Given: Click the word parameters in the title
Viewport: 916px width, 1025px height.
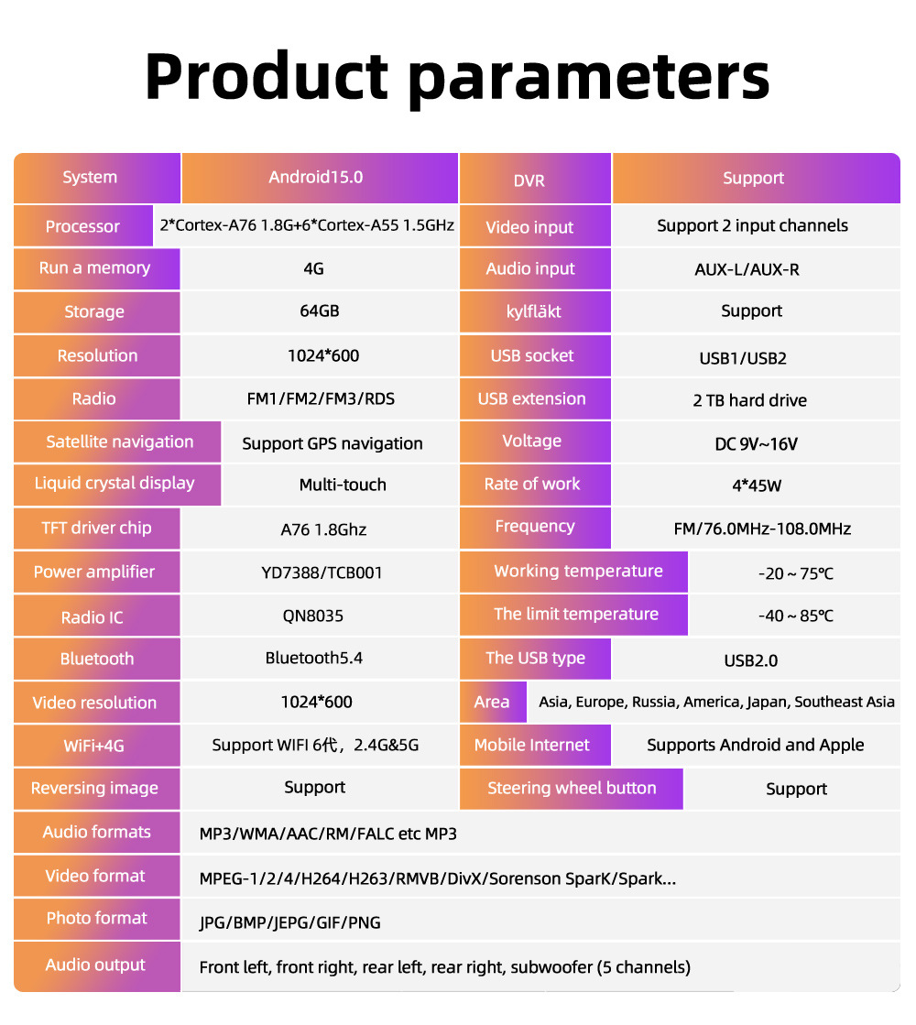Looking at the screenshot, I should coord(589,77).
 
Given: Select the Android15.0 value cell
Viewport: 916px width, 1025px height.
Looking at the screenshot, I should coord(316,177).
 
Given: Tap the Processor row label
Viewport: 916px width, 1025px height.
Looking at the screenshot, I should coord(82,226).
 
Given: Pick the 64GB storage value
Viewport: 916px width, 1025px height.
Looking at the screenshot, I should coord(319,311).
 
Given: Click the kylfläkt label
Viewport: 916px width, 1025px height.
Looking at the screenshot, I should coord(533,311).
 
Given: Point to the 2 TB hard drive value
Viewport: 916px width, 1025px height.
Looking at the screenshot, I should coord(749,400).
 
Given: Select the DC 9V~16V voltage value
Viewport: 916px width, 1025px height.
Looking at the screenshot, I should coord(756,444).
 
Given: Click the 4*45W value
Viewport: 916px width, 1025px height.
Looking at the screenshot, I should coord(757,485).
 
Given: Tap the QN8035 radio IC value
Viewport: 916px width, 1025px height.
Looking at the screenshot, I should coord(312,616).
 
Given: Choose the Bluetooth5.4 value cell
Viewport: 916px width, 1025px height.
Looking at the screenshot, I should coord(314,659).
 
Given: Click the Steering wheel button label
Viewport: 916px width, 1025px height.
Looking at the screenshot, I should coord(572,789).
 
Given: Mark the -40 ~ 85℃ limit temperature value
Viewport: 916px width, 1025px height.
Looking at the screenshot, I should coord(795,616).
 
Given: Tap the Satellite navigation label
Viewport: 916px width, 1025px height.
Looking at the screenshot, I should coord(119,442).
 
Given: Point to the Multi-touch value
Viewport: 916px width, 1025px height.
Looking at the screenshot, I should coord(343,485).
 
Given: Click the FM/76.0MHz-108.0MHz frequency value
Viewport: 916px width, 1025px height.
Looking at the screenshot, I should coord(762,529).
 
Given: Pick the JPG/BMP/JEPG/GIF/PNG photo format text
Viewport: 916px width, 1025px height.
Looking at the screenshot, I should coord(289,922).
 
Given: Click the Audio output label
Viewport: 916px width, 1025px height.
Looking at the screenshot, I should coord(95,965).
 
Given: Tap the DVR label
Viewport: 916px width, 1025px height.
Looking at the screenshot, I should coord(529,180).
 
